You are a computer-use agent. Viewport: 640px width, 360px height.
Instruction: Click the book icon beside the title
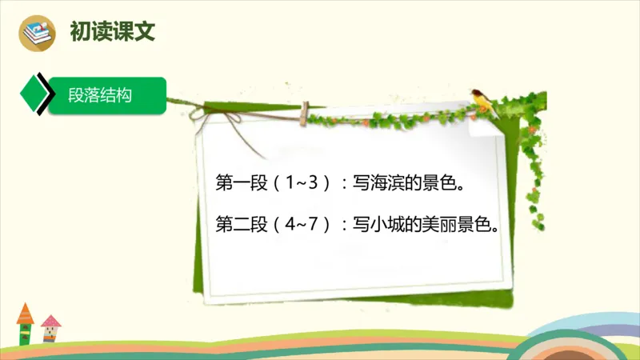(39, 32)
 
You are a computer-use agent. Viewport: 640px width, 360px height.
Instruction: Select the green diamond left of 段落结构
(34, 96)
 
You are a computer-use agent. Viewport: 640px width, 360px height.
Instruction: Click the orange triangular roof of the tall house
(25, 312)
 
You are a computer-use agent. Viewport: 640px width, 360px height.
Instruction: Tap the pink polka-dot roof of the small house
(51, 322)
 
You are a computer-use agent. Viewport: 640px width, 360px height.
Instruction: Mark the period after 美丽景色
(504, 227)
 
